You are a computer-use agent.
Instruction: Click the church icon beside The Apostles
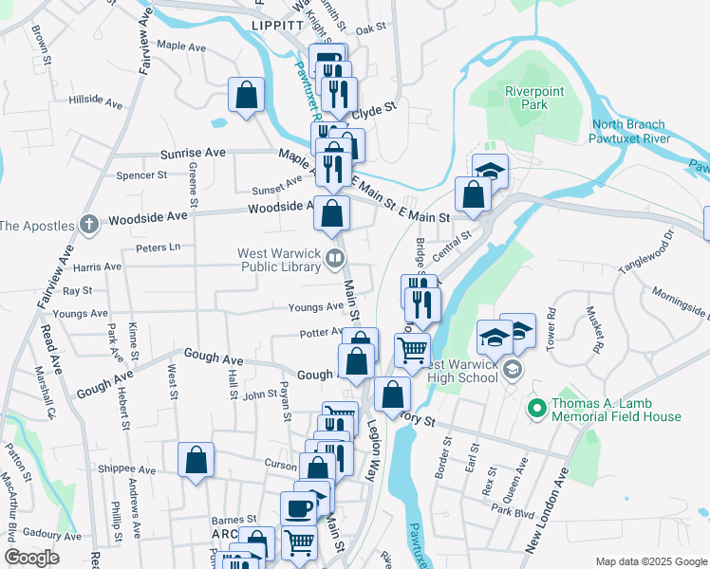click(89, 225)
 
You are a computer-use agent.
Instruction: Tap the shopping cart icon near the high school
click(412, 349)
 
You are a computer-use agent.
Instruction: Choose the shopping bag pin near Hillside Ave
click(246, 95)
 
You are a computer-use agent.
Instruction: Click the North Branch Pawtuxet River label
click(631, 132)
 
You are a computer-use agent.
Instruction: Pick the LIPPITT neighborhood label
click(276, 26)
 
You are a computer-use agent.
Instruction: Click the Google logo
click(32, 558)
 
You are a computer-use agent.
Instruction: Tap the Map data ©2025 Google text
click(650, 561)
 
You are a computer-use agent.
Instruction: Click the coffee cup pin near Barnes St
click(298, 508)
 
